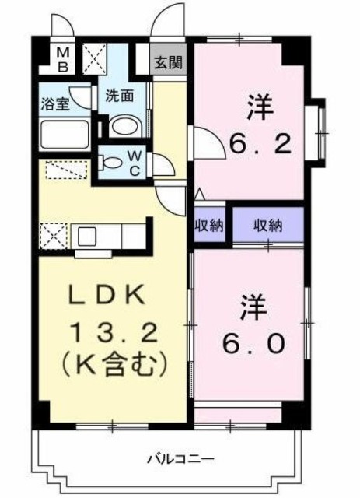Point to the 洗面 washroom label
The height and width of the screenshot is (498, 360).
(x=120, y=96)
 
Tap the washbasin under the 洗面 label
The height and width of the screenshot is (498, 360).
(x=123, y=127)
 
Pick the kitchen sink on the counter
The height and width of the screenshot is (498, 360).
(x=85, y=233)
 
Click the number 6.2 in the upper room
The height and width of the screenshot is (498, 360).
(x=260, y=143)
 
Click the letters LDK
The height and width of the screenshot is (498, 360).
(x=107, y=295)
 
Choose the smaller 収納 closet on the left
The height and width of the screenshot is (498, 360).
(x=209, y=226)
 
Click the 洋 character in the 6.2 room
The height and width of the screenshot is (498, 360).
(x=260, y=107)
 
